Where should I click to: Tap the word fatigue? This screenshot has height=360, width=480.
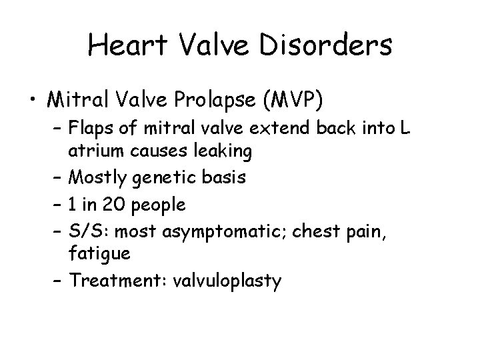click(x=93, y=254)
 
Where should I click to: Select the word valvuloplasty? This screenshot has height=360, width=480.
click(x=227, y=281)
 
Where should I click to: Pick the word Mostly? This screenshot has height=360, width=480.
click(x=93, y=179)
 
